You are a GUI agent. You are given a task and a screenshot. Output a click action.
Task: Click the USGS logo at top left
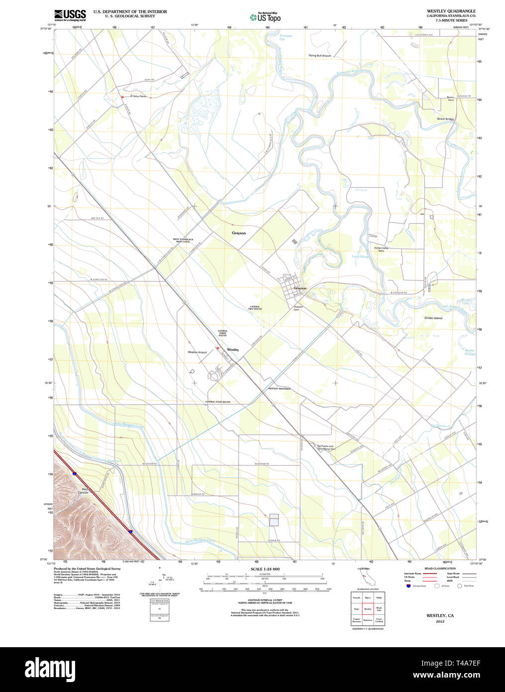click(70, 15)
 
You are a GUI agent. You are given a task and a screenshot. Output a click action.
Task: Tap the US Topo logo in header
click(265, 17)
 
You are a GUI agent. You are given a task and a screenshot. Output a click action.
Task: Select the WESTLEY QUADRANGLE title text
click(451, 11)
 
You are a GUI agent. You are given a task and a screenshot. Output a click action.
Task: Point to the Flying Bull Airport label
click(319, 56)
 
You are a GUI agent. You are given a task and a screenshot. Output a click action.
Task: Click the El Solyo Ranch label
click(138, 96)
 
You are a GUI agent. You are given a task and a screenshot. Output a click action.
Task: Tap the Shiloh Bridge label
click(445, 119)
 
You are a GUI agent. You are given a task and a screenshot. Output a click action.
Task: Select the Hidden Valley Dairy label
click(381, 249)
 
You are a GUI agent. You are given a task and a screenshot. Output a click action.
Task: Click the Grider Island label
click(433, 318)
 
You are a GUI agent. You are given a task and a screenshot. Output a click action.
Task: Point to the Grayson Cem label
click(298, 308)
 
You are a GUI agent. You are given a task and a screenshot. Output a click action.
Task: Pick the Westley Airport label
click(197, 352)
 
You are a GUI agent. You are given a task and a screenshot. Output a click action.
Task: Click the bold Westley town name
click(233, 349)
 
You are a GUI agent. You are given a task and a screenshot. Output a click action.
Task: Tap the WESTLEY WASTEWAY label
click(280, 388)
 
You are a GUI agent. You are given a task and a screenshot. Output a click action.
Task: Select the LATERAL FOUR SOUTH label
click(218, 402)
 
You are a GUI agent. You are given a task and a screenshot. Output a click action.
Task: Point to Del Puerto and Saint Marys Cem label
click(326, 447)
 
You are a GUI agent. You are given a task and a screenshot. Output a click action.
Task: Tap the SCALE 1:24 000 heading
click(265, 569)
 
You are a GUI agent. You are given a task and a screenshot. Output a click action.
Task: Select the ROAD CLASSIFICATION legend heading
click(440, 569)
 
